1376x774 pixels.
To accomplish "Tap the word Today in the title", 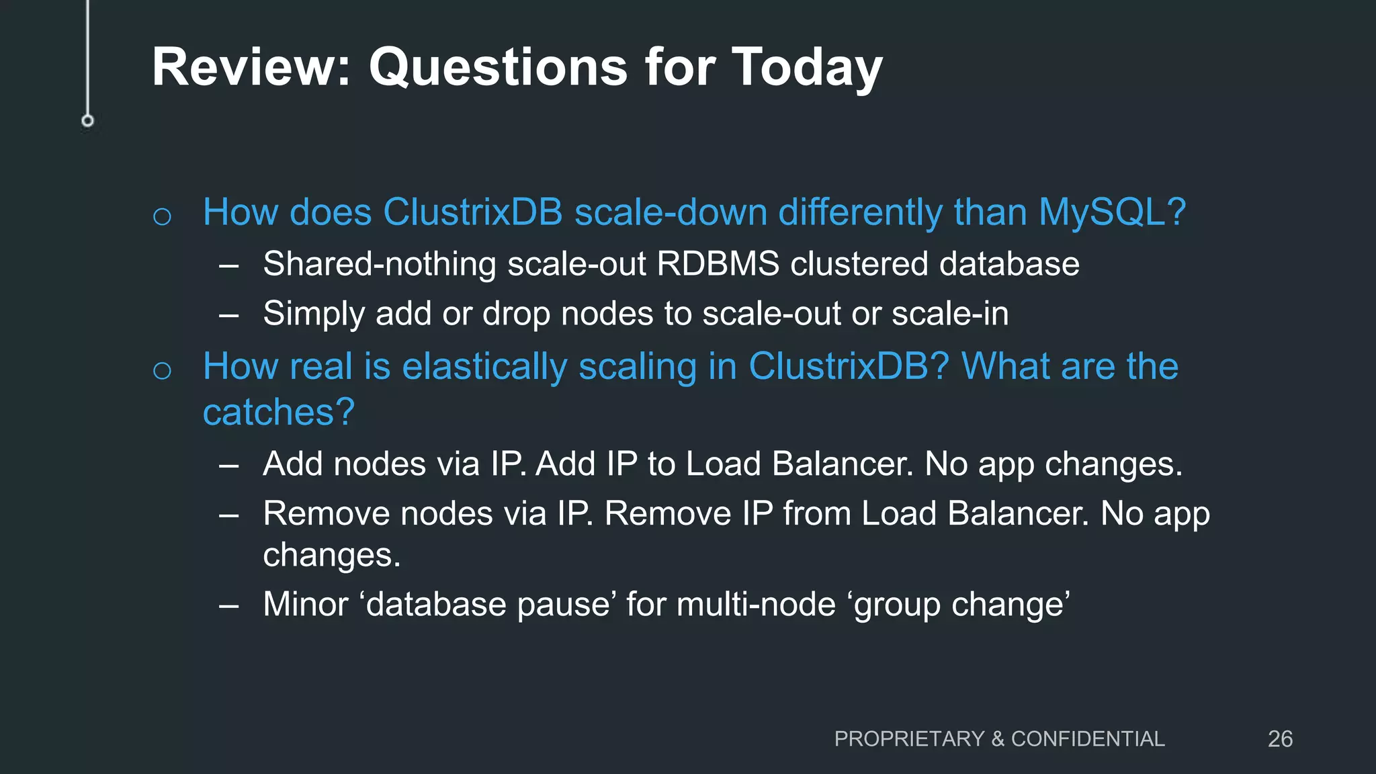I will pyautogui.click(x=806, y=69).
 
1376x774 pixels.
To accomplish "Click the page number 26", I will pyautogui.click(x=1280, y=739).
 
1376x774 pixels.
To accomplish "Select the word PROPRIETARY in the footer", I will pyautogui.click(x=909, y=739).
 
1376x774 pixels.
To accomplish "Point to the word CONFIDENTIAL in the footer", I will pyautogui.click(x=1088, y=739).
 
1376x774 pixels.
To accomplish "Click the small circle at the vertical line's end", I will pyautogui.click(x=87, y=121).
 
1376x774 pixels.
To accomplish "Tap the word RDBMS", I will pyautogui.click(x=718, y=263).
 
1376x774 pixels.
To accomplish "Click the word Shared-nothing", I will pyautogui.click(x=380, y=263).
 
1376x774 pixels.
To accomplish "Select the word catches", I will pyautogui.click(x=278, y=412).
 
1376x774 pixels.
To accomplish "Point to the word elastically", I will pyautogui.click(x=484, y=368).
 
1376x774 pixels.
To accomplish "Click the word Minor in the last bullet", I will pyautogui.click(x=306, y=604).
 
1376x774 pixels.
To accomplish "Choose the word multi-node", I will pyautogui.click(x=756, y=604).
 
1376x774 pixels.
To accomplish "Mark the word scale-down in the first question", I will pyautogui.click(x=671, y=213).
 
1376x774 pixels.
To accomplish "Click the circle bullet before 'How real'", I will pyautogui.click(x=162, y=370).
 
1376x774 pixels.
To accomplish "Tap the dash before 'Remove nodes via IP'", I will pyautogui.click(x=228, y=515).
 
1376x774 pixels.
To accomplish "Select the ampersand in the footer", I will pyautogui.click(x=998, y=739).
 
